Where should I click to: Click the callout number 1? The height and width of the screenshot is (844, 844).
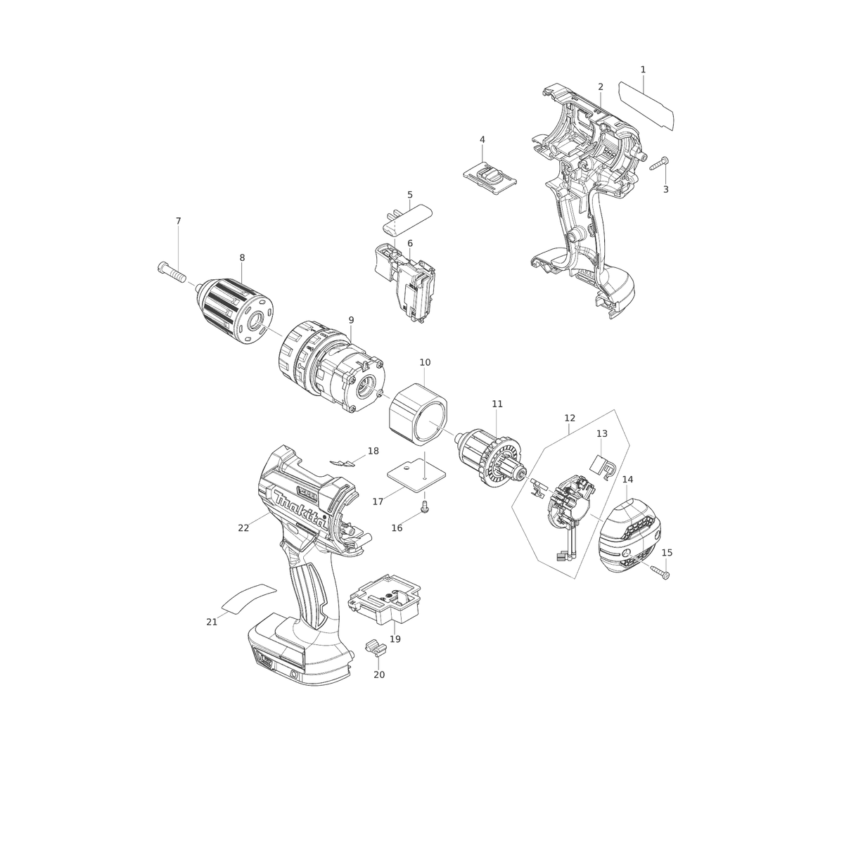pos(643,69)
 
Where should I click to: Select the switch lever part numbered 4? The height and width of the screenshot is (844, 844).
pos(490,177)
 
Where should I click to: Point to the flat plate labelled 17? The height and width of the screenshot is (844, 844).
pos(416,475)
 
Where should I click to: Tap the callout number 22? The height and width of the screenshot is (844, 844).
pos(243,527)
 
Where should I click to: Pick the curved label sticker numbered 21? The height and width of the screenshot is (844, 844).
pos(249,599)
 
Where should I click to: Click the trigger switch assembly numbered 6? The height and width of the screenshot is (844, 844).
pos(404,286)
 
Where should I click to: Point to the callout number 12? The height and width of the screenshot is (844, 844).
pos(570,418)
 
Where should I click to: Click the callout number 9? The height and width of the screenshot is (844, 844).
pos(351,320)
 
